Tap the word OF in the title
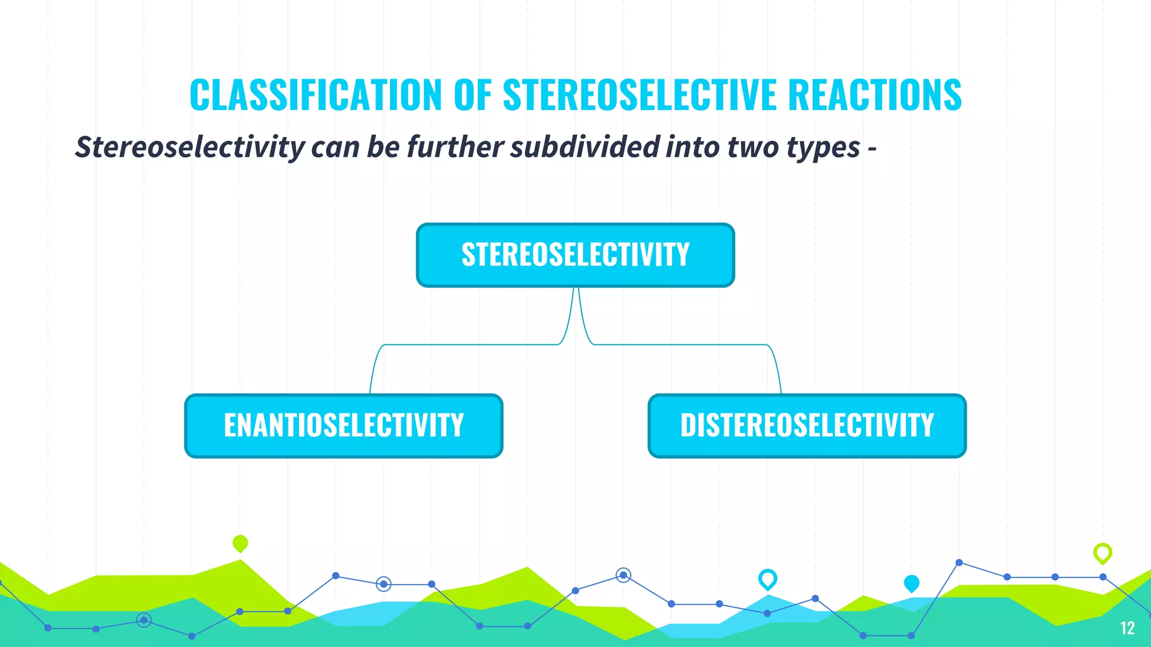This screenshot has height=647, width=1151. pyautogui.click(x=472, y=94)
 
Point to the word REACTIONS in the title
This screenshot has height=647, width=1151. pyautogui.click(x=874, y=94)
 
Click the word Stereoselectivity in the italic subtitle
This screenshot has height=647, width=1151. pyautogui.click(x=190, y=147)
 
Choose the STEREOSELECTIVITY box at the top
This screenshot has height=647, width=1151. pyautogui.click(x=575, y=255)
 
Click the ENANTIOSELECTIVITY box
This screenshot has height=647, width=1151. pyautogui.click(x=343, y=426)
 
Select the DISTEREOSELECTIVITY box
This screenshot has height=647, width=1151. pyautogui.click(x=807, y=426)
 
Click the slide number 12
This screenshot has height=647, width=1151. pyautogui.click(x=1127, y=628)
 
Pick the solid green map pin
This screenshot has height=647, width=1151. pyautogui.click(x=240, y=543)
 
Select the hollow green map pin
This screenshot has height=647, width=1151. pyautogui.click(x=1102, y=553)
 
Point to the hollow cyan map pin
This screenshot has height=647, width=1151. pyautogui.click(x=767, y=578)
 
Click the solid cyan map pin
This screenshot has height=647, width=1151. pyautogui.click(x=911, y=583)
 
